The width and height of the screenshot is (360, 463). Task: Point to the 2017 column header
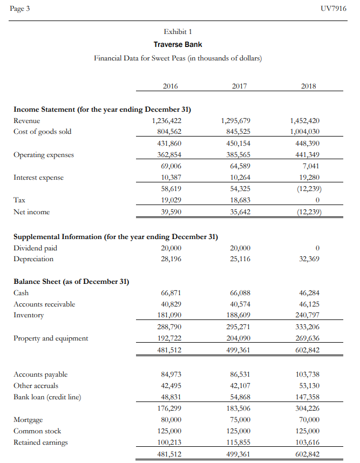[239, 86]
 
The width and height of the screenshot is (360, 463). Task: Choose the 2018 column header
[309, 86]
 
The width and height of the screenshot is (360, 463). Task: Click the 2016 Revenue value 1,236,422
[167, 121]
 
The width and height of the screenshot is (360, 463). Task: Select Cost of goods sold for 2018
[305, 132]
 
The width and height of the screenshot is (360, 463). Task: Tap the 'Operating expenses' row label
[44, 155]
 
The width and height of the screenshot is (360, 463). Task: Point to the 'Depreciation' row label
[33, 259]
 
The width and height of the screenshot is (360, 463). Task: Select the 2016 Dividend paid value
[171, 248]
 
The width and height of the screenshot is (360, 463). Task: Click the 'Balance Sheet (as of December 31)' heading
[71, 281]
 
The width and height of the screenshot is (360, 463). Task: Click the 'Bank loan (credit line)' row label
[47, 397]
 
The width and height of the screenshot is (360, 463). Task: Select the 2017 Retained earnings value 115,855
[238, 442]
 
